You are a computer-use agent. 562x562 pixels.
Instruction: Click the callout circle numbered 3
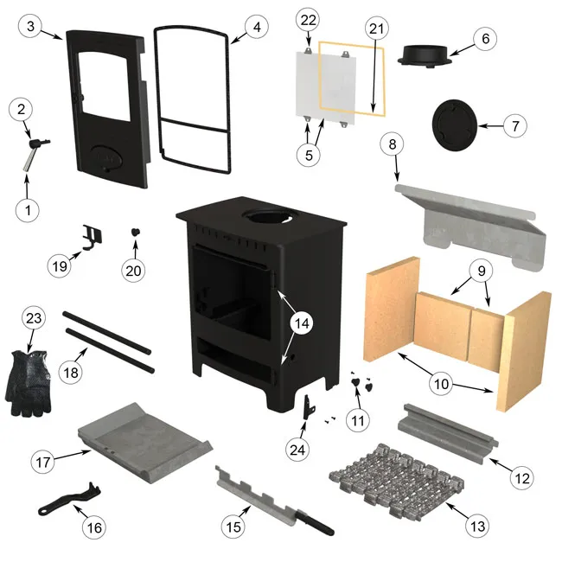tap(31, 27)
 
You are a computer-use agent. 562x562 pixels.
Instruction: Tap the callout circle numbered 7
tap(514, 125)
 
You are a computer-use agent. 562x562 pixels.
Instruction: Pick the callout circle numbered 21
tap(374, 29)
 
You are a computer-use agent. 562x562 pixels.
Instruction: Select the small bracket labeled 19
tap(90, 236)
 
